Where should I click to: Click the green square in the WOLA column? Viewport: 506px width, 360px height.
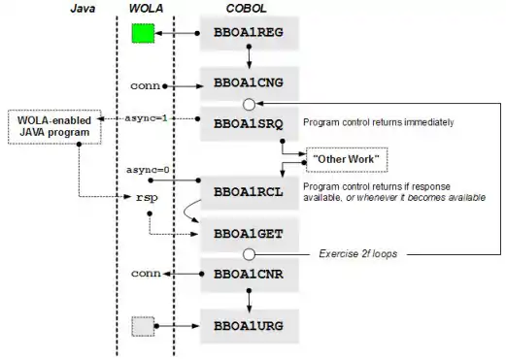click(x=143, y=33)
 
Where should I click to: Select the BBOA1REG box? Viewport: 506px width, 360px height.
click(x=249, y=34)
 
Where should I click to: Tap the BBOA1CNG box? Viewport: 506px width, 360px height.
click(x=249, y=83)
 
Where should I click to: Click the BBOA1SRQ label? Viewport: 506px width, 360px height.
click(x=249, y=124)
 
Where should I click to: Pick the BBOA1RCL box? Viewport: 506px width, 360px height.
click(x=249, y=193)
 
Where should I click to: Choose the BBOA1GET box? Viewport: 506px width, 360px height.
click(x=249, y=235)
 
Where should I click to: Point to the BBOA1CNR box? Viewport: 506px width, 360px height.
click(x=249, y=275)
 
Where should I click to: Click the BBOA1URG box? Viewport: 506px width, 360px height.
click(x=249, y=326)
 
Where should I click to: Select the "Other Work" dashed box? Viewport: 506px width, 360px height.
click(x=347, y=159)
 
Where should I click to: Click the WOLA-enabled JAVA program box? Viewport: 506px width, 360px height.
click(x=54, y=127)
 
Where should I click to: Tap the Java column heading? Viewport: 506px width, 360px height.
click(x=83, y=9)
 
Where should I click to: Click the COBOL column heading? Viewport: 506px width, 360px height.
click(x=246, y=9)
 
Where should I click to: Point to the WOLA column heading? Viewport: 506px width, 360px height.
click(x=146, y=9)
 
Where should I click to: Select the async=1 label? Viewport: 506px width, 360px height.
click(x=147, y=118)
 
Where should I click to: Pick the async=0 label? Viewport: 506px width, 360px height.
click(x=148, y=170)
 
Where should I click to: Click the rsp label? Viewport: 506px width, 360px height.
click(x=147, y=197)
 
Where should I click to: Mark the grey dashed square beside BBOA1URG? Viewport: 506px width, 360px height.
click(x=143, y=326)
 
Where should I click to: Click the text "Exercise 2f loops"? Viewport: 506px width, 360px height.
click(x=358, y=254)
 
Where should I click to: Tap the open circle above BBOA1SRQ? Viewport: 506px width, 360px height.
click(x=249, y=105)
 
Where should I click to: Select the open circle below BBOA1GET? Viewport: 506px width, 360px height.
click(x=249, y=254)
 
